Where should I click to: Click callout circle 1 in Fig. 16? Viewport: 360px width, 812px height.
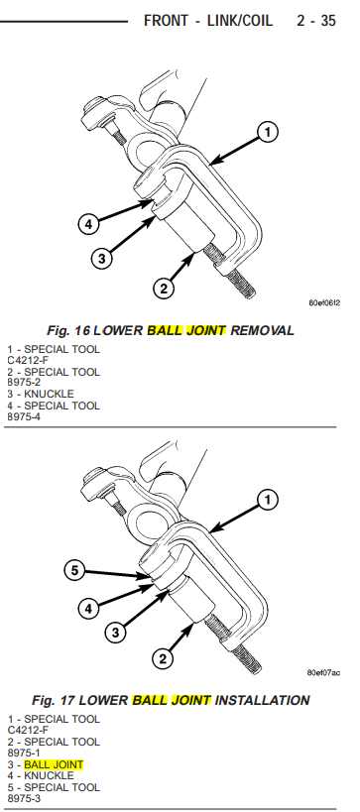pyautogui.click(x=268, y=133)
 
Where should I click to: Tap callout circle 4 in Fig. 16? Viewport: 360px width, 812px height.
pyautogui.click(x=88, y=225)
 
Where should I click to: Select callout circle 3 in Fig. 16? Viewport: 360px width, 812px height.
pyautogui.click(x=102, y=258)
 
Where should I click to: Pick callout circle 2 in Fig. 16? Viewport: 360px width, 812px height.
pyautogui.click(x=164, y=288)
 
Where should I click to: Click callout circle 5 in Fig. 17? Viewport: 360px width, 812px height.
pyautogui.click(x=75, y=571)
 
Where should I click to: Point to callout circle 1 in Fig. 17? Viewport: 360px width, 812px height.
pyautogui.click(x=268, y=501)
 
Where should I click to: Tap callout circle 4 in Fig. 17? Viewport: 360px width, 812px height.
pyautogui.click(x=88, y=608)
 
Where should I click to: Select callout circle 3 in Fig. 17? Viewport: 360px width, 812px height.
pyautogui.click(x=115, y=633)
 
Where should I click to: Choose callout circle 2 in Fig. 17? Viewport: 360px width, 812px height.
pyautogui.click(x=163, y=658)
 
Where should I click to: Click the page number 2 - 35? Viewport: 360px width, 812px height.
pyautogui.click(x=316, y=21)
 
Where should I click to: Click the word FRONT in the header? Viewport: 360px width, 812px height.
pyautogui.click(x=167, y=21)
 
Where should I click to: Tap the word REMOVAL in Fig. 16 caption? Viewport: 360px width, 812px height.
pyautogui.click(x=262, y=330)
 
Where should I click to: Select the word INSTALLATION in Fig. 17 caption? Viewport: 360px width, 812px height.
pyautogui.click(x=262, y=701)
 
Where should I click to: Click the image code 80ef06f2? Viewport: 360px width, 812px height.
pyautogui.click(x=324, y=303)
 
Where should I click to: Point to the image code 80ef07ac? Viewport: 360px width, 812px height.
pyautogui.click(x=323, y=672)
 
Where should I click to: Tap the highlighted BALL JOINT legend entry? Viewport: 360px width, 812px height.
pyautogui.click(x=54, y=764)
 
